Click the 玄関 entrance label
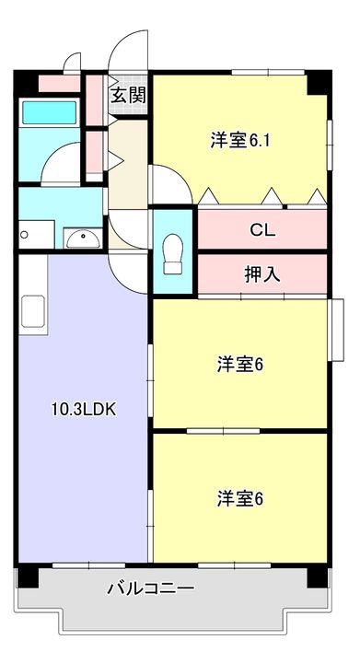click(x=129, y=96)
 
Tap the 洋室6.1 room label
click(x=240, y=140)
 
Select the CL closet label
click(x=262, y=230)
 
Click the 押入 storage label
click(x=262, y=275)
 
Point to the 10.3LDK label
click(x=84, y=409)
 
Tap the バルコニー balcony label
click(x=150, y=588)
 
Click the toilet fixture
click(x=173, y=254)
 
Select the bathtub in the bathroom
click(x=49, y=112)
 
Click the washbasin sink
click(x=83, y=239)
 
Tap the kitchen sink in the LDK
click(x=33, y=311)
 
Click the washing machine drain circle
click(x=25, y=235)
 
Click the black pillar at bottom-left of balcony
click(x=28, y=577)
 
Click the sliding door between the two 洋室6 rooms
click(x=223, y=431)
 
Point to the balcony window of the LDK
click(x=88, y=564)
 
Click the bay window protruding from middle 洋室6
click(x=337, y=331)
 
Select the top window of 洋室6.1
click(x=268, y=73)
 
